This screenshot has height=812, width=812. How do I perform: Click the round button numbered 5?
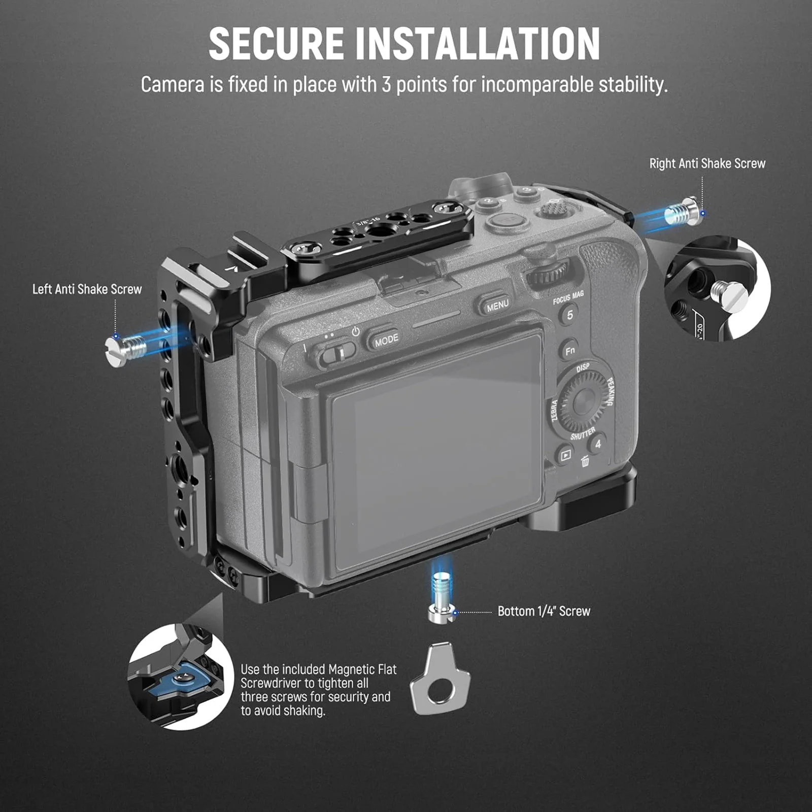pos(569,315)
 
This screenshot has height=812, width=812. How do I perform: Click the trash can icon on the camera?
pos(585,461)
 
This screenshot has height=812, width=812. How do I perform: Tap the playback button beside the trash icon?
pos(565,455)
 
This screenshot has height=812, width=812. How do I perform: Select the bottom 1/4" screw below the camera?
pos(441,596)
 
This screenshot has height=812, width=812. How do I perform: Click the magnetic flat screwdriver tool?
pos(439,680)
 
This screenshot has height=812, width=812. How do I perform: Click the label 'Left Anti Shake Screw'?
pos(87,289)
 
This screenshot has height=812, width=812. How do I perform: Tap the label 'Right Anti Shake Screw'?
pos(707,163)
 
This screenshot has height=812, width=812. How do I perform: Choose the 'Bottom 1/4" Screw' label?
pos(544,611)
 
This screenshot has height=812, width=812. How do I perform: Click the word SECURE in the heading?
pos(276,44)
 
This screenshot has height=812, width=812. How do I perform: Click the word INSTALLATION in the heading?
pos(477,44)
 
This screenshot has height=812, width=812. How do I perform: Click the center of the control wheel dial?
pos(583,400)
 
